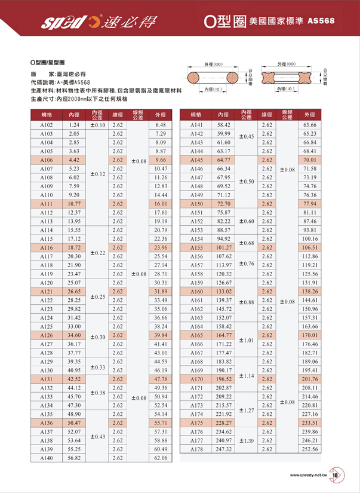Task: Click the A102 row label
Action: (47, 125)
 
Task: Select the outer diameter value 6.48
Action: (159, 125)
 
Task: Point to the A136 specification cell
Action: (47, 422)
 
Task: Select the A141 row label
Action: (197, 125)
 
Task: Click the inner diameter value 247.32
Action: (224, 449)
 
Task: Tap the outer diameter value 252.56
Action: (309, 449)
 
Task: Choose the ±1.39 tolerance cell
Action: (247, 440)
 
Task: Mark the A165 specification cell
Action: (197, 335)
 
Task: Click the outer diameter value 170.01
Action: (309, 335)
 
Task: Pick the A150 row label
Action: (197, 204)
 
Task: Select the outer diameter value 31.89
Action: (159, 291)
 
